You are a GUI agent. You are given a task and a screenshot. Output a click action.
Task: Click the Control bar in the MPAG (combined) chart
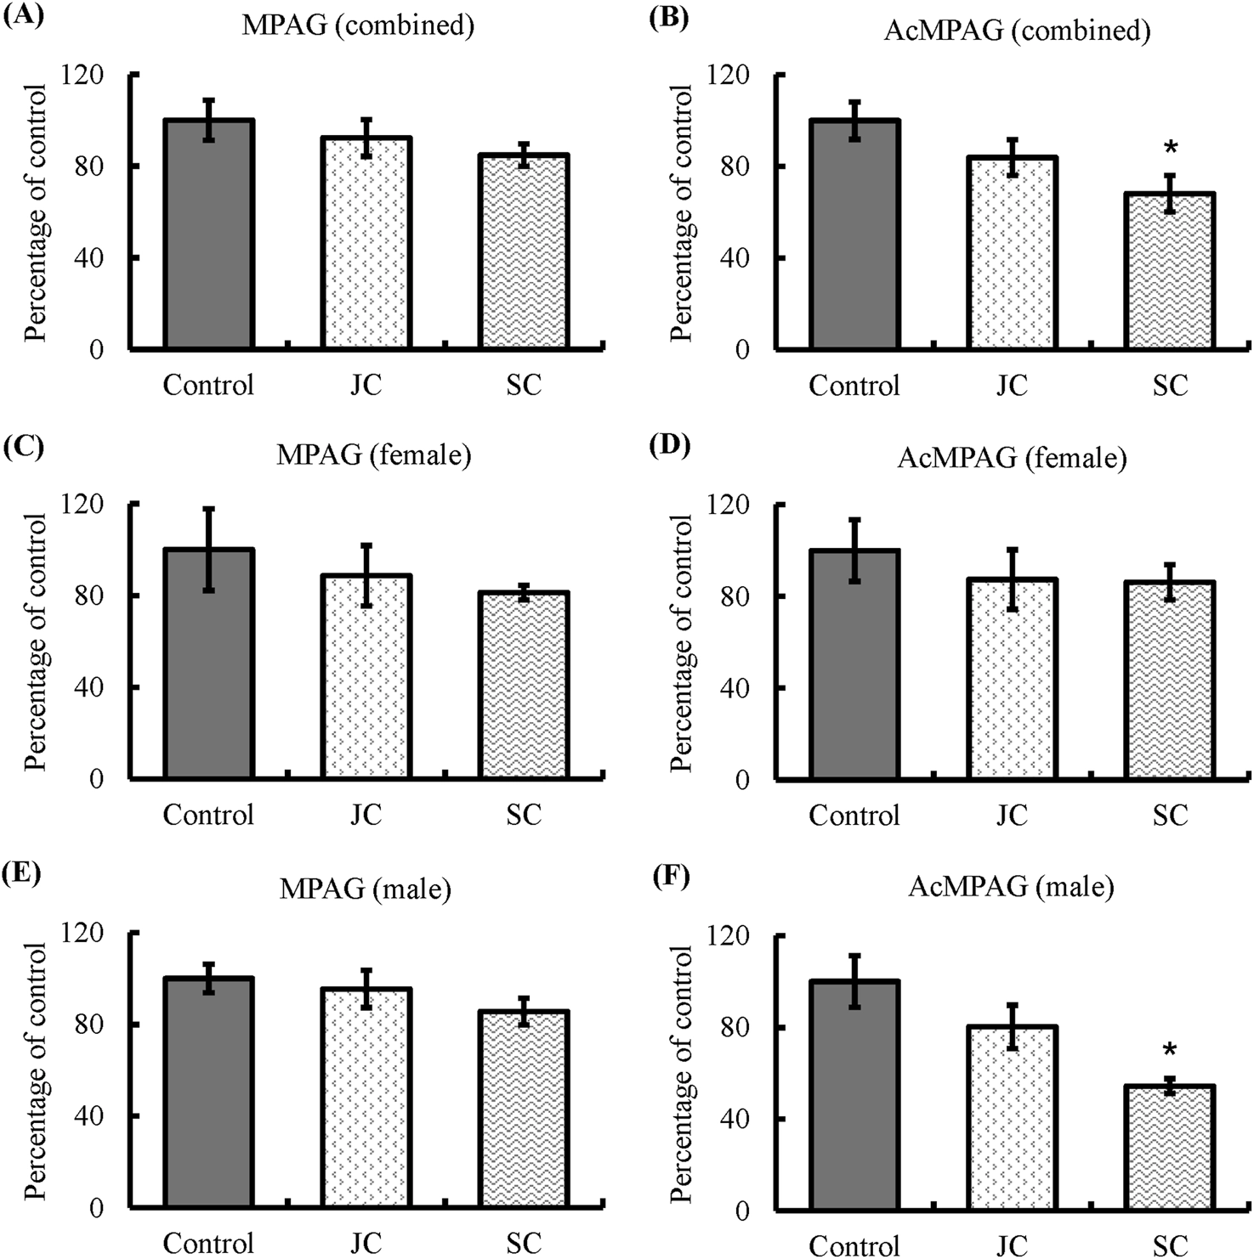click(209, 234)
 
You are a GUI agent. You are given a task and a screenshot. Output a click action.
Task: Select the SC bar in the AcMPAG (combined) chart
click(1170, 271)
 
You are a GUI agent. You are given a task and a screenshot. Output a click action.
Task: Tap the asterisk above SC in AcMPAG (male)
click(1170, 1051)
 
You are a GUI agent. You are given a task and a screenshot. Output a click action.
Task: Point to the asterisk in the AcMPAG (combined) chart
click(1171, 148)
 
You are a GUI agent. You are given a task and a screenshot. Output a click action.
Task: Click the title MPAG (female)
click(374, 455)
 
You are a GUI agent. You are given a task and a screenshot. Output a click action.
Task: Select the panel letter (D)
click(668, 446)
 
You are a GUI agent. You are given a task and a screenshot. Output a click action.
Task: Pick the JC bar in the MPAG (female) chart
click(366, 676)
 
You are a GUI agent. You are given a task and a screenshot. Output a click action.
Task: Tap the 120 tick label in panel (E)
click(83, 932)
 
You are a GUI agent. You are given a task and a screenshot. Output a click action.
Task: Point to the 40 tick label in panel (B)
click(735, 257)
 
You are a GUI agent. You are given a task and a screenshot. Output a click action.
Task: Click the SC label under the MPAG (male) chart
click(524, 1244)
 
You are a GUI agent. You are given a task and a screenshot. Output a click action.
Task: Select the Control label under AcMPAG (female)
click(854, 816)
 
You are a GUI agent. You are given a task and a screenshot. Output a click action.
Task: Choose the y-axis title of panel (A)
click(36, 212)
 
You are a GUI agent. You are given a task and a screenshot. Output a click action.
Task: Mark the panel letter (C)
click(23, 446)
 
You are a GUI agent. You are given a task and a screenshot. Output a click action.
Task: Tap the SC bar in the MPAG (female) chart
click(524, 685)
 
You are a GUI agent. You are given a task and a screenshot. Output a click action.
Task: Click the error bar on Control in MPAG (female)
click(209, 550)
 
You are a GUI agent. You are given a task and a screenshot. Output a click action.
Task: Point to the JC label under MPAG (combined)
click(366, 386)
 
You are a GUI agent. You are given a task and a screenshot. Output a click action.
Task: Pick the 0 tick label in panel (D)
click(742, 779)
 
